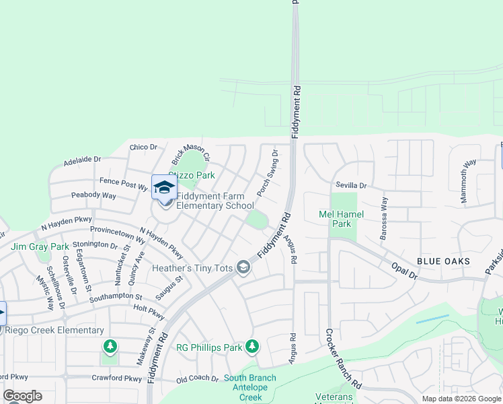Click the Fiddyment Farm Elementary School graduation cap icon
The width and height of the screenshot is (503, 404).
(x=164, y=187)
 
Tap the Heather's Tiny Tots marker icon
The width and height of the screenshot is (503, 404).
(x=243, y=269)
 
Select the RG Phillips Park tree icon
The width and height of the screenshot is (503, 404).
(x=252, y=347)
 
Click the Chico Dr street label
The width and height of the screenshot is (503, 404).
(x=143, y=147)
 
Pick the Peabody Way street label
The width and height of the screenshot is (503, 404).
(x=93, y=196)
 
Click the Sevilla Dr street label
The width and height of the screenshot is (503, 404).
(x=352, y=185)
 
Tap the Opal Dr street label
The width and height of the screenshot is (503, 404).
(x=405, y=272)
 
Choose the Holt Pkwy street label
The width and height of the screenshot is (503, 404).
(x=149, y=312)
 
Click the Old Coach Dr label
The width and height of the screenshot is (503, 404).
(x=197, y=379)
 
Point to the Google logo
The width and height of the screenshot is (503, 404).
(x=22, y=396)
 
